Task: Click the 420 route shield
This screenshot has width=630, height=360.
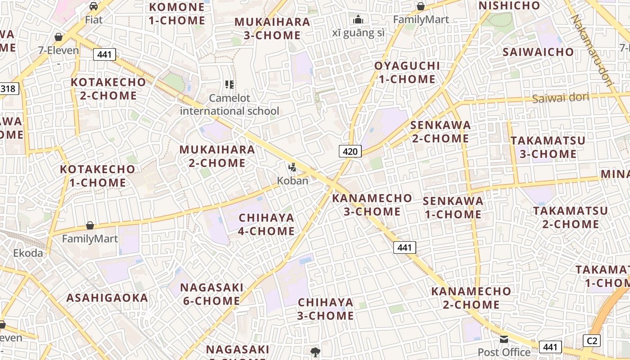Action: (350, 151)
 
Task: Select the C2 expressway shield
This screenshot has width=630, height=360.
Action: (591, 341)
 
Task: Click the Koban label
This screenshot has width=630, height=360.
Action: (292, 181)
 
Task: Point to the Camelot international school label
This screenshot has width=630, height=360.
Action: (229, 104)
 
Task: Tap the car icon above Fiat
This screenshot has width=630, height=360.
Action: (94, 6)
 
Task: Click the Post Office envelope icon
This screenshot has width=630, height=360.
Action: (504, 339)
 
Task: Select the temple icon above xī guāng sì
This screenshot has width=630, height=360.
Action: (358, 19)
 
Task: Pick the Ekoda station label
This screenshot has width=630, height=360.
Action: (28, 253)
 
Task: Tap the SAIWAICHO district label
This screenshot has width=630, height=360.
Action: (538, 52)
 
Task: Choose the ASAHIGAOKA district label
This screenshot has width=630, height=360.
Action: (107, 298)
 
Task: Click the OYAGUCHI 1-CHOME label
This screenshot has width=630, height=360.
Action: (407, 72)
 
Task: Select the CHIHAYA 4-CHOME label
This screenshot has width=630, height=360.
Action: (266, 224)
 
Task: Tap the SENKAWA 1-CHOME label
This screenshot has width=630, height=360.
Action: (453, 207)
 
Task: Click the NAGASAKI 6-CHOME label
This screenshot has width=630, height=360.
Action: (211, 294)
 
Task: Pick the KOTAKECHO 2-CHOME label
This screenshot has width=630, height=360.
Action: (108, 89)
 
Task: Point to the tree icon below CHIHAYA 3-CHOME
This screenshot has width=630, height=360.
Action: (315, 352)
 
